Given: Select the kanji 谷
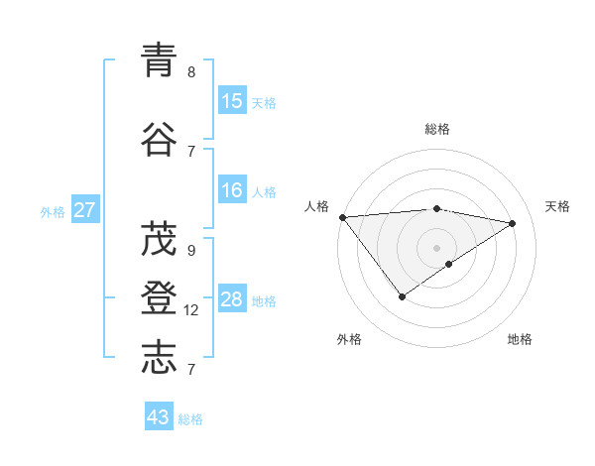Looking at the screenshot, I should click(160, 140).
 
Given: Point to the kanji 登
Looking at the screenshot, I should click(160, 299).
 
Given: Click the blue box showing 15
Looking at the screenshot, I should click(232, 101).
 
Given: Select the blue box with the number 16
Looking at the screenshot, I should click(232, 191).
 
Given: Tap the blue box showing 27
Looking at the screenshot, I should click(85, 209).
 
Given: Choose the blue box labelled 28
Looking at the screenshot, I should click(232, 299).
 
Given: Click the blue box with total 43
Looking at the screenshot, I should click(159, 417).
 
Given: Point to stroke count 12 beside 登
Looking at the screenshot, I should click(191, 310).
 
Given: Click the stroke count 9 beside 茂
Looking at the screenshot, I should click(191, 251).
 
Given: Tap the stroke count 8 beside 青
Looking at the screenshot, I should click(191, 72).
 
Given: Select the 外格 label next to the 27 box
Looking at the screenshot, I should click(53, 211).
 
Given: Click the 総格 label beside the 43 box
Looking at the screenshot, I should click(190, 419).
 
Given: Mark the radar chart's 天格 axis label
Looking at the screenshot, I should click(557, 206).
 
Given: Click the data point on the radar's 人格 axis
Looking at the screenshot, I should click(342, 217).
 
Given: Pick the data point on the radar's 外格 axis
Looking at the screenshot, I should click(402, 296).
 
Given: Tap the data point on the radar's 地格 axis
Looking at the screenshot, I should click(449, 264).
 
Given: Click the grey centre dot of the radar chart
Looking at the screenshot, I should click(436, 247).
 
